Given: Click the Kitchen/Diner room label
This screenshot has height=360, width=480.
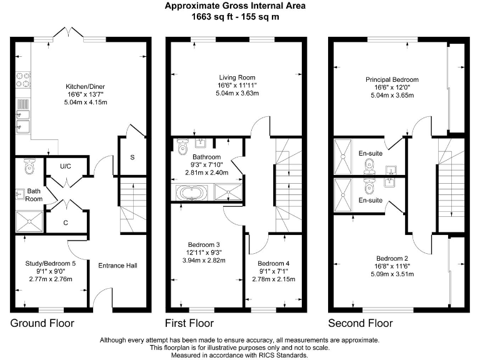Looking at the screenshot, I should coord(85,86).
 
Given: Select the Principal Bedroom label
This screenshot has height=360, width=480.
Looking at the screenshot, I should coord(392,80).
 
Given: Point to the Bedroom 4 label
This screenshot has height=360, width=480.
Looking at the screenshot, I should coord(276,263).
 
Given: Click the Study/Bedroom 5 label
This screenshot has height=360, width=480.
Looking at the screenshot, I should coord(51,264).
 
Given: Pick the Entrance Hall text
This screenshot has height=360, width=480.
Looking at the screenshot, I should coord(117,266).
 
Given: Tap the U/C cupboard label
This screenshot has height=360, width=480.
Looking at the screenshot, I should coord(65,167).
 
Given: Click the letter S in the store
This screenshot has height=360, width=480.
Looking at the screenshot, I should coord(132,157).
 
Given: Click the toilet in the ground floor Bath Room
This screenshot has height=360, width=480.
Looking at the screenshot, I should coord(29,167).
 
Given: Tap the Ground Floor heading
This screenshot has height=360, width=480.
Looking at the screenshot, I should coord(42,323).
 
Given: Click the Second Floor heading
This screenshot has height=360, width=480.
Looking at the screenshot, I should coord(361,323).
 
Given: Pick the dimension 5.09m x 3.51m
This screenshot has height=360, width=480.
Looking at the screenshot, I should coord(392,273).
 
